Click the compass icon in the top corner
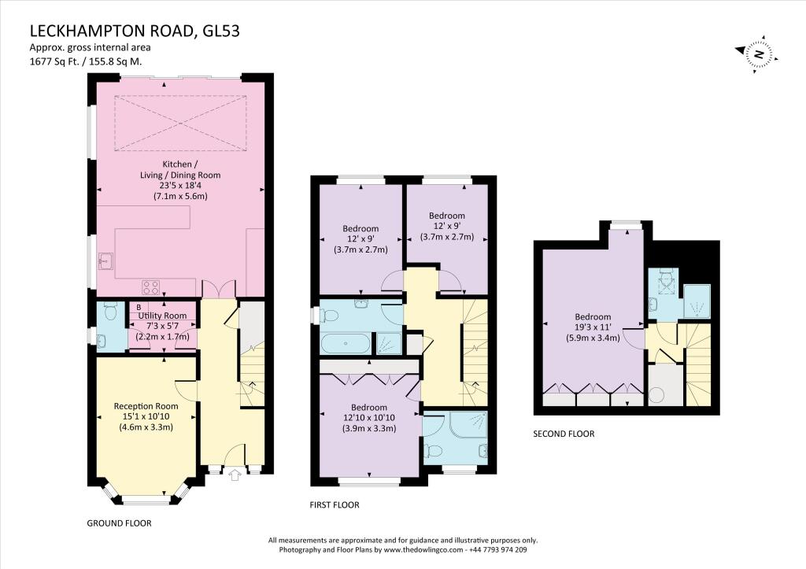[x=758, y=54]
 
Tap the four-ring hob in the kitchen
[x=150, y=287]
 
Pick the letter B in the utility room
[x=139, y=307]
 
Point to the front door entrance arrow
[x=233, y=475]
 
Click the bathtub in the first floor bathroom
[x=346, y=343]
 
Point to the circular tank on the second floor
[x=655, y=393]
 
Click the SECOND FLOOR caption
[x=564, y=434]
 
